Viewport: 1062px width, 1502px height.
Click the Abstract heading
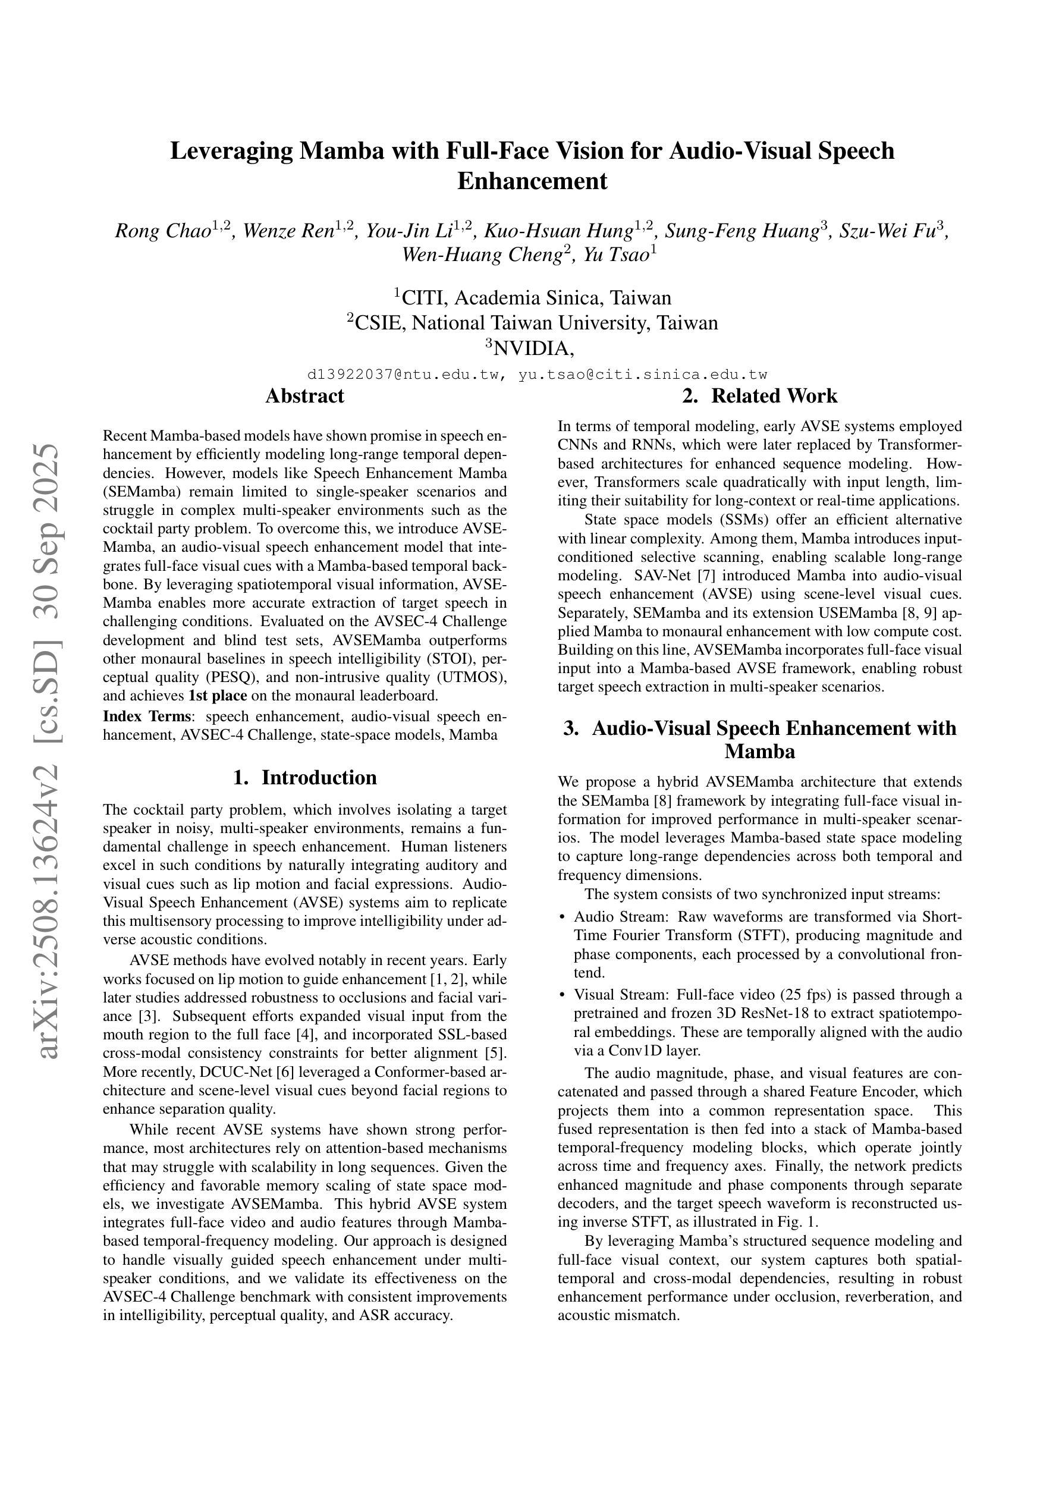coord(304,396)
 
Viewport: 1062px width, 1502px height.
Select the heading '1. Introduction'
coord(304,777)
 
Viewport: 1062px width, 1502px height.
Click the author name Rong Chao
coord(162,231)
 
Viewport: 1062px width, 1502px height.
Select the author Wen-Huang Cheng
coord(481,254)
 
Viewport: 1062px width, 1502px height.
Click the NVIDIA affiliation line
coord(533,348)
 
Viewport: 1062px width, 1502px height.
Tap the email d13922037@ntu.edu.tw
coord(405,375)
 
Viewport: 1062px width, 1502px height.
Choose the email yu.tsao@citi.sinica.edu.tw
coord(643,375)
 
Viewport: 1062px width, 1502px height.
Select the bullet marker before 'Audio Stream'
coord(561,916)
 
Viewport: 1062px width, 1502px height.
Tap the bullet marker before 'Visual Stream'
coord(561,995)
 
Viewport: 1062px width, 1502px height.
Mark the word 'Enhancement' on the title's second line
coord(532,181)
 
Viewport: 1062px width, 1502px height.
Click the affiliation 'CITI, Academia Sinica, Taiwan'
coord(536,298)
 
